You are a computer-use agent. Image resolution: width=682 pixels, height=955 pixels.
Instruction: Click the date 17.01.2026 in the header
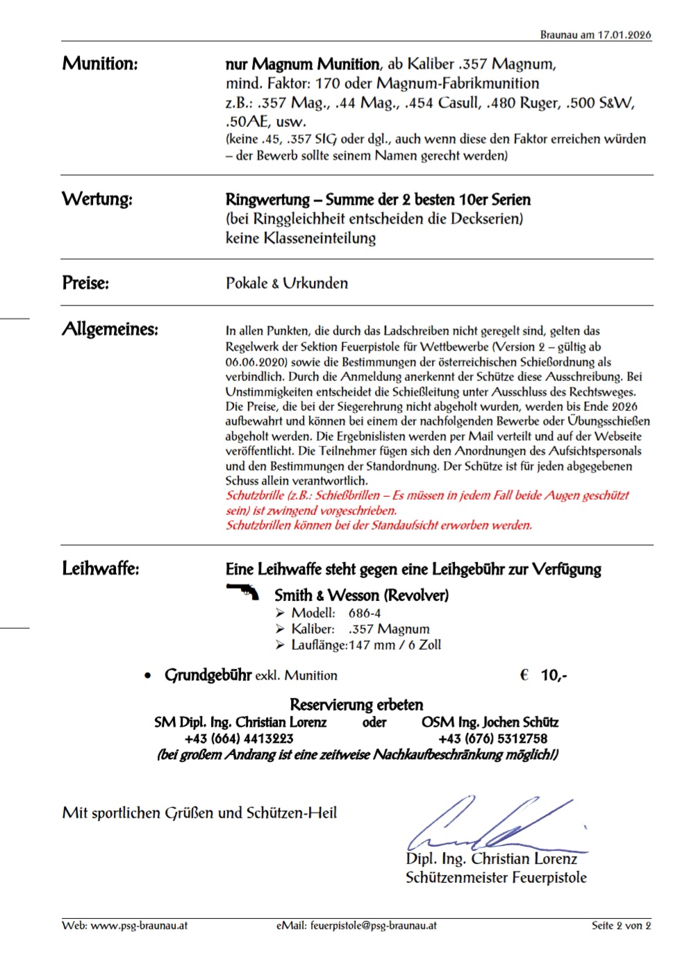pyautogui.click(x=624, y=35)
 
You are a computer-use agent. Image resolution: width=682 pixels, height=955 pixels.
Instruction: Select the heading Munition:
pyautogui.click(x=100, y=64)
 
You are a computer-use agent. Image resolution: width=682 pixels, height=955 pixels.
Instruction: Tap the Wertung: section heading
pyautogui.click(x=97, y=199)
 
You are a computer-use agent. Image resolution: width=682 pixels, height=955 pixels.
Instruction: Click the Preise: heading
pyautogui.click(x=85, y=283)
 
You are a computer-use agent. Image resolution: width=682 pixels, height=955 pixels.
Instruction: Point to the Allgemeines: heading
pyautogui.click(x=110, y=329)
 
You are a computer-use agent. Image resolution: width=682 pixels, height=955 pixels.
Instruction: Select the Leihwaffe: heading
pyautogui.click(x=101, y=568)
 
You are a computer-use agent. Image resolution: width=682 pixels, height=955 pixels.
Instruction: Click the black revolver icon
pyautogui.click(x=242, y=592)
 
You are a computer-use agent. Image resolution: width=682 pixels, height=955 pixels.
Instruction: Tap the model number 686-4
pyautogui.click(x=365, y=613)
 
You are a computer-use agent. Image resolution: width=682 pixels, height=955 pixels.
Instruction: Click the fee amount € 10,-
pyautogui.click(x=543, y=675)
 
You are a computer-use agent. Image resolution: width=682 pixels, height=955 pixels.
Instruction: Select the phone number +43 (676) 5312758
pyautogui.click(x=492, y=738)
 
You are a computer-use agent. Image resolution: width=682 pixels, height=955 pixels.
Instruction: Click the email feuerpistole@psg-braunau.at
pyautogui.click(x=373, y=925)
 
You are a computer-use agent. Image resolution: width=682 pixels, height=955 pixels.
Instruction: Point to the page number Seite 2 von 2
pyautogui.click(x=621, y=925)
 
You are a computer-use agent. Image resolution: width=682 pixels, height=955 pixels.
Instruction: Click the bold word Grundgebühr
pyautogui.click(x=208, y=675)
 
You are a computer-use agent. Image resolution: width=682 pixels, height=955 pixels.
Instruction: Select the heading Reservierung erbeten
pyautogui.click(x=356, y=704)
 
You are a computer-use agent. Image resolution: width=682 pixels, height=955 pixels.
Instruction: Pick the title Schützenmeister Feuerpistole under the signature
pyautogui.click(x=496, y=878)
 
